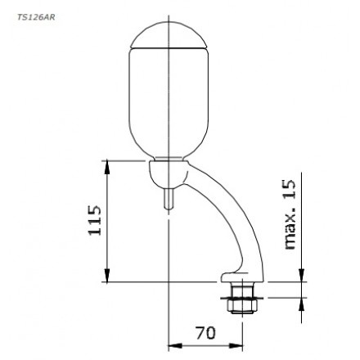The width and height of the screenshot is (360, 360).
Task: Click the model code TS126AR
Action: coord(34,16)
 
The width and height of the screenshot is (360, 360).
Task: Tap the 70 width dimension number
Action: coord(205,332)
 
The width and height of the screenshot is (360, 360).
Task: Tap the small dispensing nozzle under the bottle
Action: coord(169,199)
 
